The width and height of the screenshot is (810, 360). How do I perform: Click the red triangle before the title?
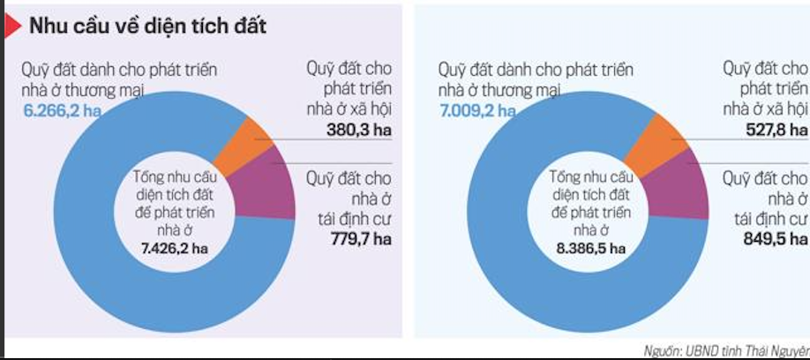[12, 26]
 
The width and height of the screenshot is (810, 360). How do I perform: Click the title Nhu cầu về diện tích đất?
[147, 27]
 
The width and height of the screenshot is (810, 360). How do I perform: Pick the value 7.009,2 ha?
[476, 110]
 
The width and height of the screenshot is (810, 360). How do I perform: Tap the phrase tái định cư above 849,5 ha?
[770, 218]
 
